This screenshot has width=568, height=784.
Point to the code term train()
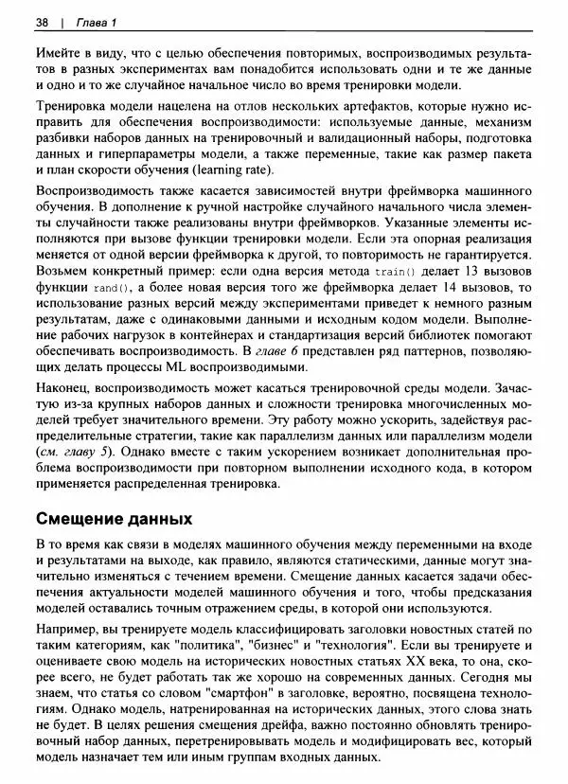pyautogui.click(x=396, y=272)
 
